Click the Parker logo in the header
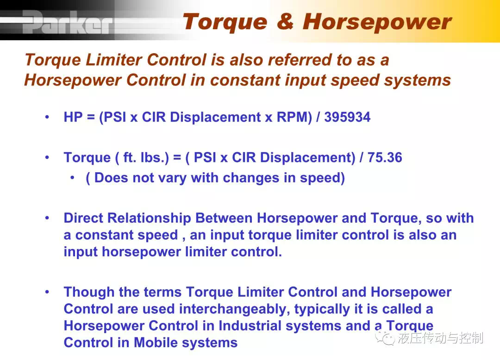tap(68, 22)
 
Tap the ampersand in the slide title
tap(285, 21)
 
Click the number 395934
tap(347, 117)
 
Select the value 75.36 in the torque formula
tap(385, 157)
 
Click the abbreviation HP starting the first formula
tap(73, 117)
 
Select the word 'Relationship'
tap(149, 218)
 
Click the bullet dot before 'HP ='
tap(47, 117)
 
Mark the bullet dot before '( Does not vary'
tap(73, 178)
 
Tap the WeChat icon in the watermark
tap(385, 337)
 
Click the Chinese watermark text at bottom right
tap(440, 338)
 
